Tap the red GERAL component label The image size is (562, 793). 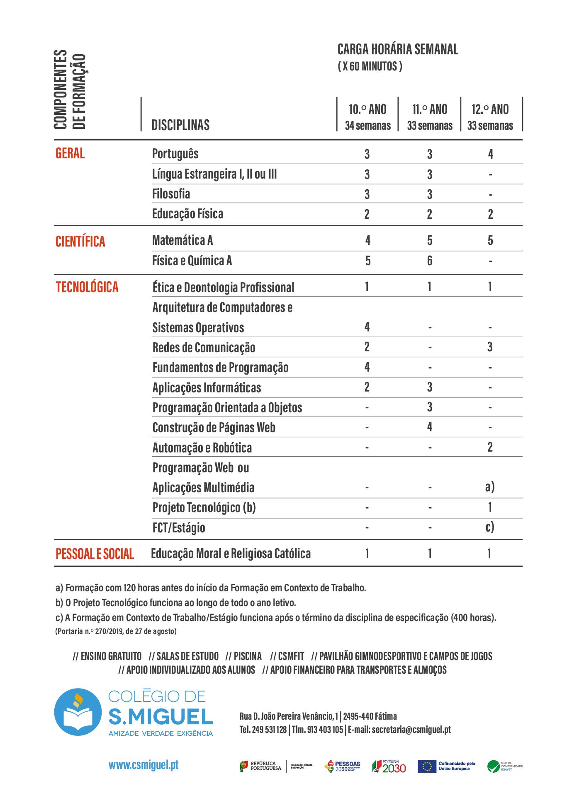[x=70, y=153]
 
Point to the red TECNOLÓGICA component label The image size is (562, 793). [x=87, y=287]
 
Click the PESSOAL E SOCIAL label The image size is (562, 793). [x=95, y=554]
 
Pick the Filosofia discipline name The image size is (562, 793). [x=171, y=194]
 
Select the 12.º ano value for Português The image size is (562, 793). [x=490, y=154]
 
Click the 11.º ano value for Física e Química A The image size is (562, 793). [x=430, y=261]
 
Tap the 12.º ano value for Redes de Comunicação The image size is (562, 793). [x=490, y=347]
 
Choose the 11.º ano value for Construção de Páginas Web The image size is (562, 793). [x=430, y=427]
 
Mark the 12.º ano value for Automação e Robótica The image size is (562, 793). [x=490, y=447]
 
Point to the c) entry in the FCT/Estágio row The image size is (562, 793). [x=490, y=527]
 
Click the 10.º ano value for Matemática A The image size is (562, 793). [x=367, y=240]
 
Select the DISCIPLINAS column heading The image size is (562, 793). [x=180, y=125]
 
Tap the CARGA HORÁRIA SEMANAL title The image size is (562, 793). [x=397, y=50]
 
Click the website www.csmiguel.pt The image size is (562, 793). [x=144, y=765]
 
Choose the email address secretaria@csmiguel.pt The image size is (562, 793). [x=411, y=730]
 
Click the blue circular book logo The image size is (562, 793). [x=78, y=712]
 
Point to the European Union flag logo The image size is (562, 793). [x=426, y=766]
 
